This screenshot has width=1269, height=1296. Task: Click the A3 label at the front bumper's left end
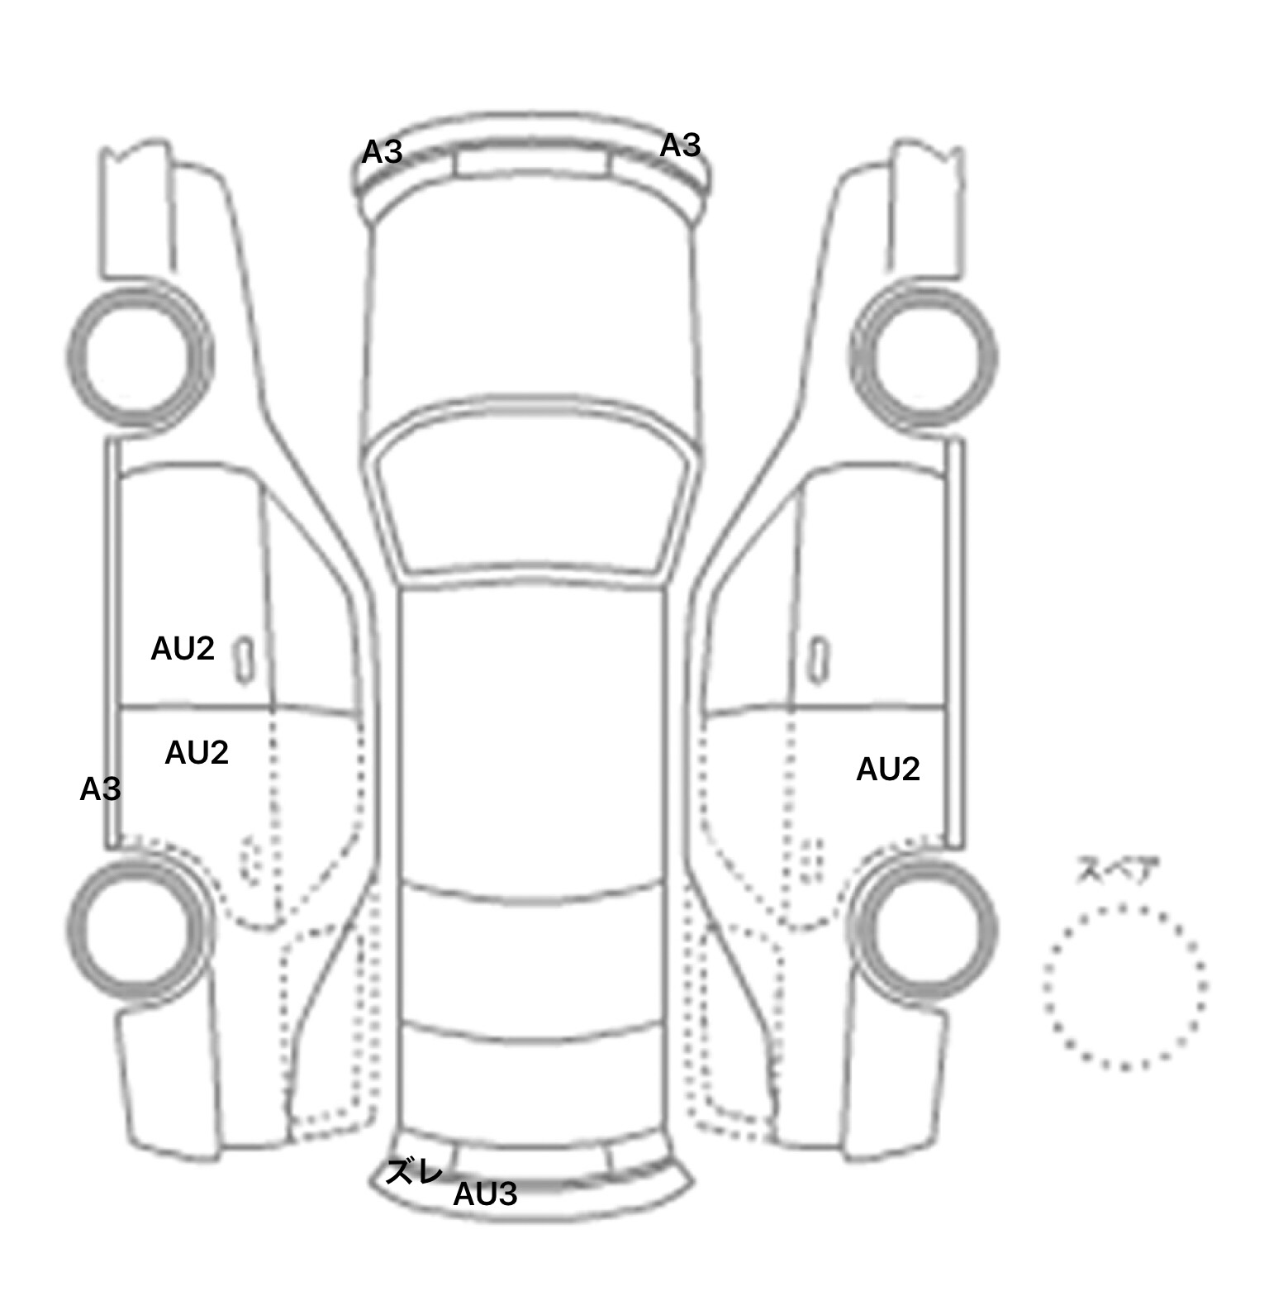[383, 152]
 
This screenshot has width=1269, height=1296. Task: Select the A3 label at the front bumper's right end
[680, 145]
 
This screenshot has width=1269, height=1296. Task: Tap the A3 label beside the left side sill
[100, 789]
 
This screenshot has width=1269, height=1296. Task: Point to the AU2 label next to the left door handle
[183, 649]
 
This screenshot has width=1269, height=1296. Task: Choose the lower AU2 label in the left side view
[197, 752]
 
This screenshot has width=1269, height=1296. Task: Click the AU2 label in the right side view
[888, 769]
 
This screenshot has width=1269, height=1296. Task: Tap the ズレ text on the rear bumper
[415, 1172]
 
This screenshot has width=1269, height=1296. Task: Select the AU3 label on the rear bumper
[486, 1194]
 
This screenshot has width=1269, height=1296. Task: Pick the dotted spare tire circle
[1045, 986]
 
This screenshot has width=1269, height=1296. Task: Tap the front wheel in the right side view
[993, 357]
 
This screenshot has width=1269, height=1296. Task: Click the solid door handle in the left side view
[245, 660]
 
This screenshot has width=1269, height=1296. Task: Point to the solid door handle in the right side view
[819, 660]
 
